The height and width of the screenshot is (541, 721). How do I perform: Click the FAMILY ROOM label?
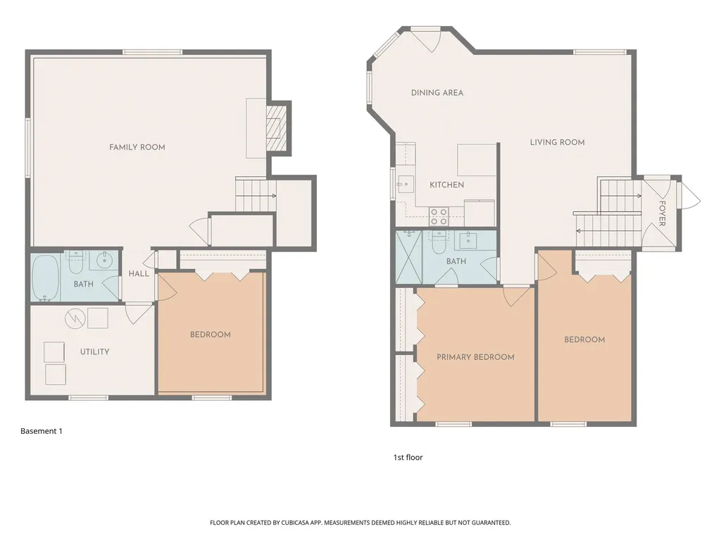tap(137, 147)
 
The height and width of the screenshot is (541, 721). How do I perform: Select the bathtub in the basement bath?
tap(45, 278)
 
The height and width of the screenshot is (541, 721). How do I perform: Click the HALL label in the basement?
tap(139, 274)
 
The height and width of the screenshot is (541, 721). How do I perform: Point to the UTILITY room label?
tap(95, 352)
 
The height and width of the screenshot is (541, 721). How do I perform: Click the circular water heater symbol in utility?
tap(75, 318)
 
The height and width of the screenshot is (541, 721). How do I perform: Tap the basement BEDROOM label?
tap(210, 335)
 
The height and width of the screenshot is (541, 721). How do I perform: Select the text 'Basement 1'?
tap(42, 431)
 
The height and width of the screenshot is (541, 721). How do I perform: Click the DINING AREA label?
tap(437, 93)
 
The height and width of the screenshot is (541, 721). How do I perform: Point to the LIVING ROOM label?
tap(558, 142)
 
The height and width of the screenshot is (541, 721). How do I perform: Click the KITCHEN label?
tap(446, 185)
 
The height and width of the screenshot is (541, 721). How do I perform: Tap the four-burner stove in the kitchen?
tap(439, 216)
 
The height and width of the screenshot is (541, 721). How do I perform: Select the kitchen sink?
tap(406, 184)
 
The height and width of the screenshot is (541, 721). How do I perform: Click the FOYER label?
tap(662, 213)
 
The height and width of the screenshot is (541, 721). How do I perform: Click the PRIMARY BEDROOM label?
tap(475, 357)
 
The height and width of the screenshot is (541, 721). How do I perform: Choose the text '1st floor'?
tap(408, 457)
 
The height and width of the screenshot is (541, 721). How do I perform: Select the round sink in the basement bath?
tap(104, 260)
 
